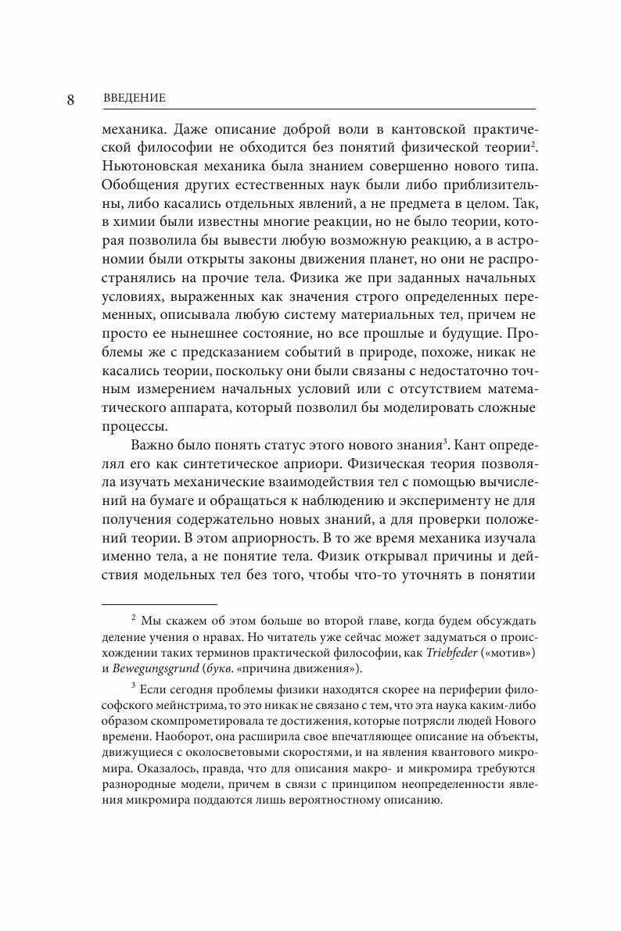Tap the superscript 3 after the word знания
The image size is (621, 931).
pos(445,442)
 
